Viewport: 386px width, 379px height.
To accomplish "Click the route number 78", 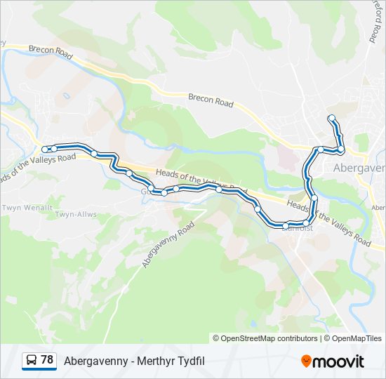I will click(47, 360).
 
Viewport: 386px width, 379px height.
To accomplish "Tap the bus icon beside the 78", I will click(32, 361).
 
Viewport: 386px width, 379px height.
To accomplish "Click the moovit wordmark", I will click(338, 361).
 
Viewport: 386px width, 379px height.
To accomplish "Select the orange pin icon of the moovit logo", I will click(306, 361).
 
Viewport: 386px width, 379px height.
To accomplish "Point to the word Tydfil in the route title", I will click(191, 361).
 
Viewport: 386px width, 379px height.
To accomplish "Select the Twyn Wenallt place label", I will click(27, 208).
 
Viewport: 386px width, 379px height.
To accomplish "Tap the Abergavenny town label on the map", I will click(359, 168).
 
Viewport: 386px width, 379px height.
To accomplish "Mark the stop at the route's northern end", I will click(331, 117).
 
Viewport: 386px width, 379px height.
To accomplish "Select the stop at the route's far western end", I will click(46, 149).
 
